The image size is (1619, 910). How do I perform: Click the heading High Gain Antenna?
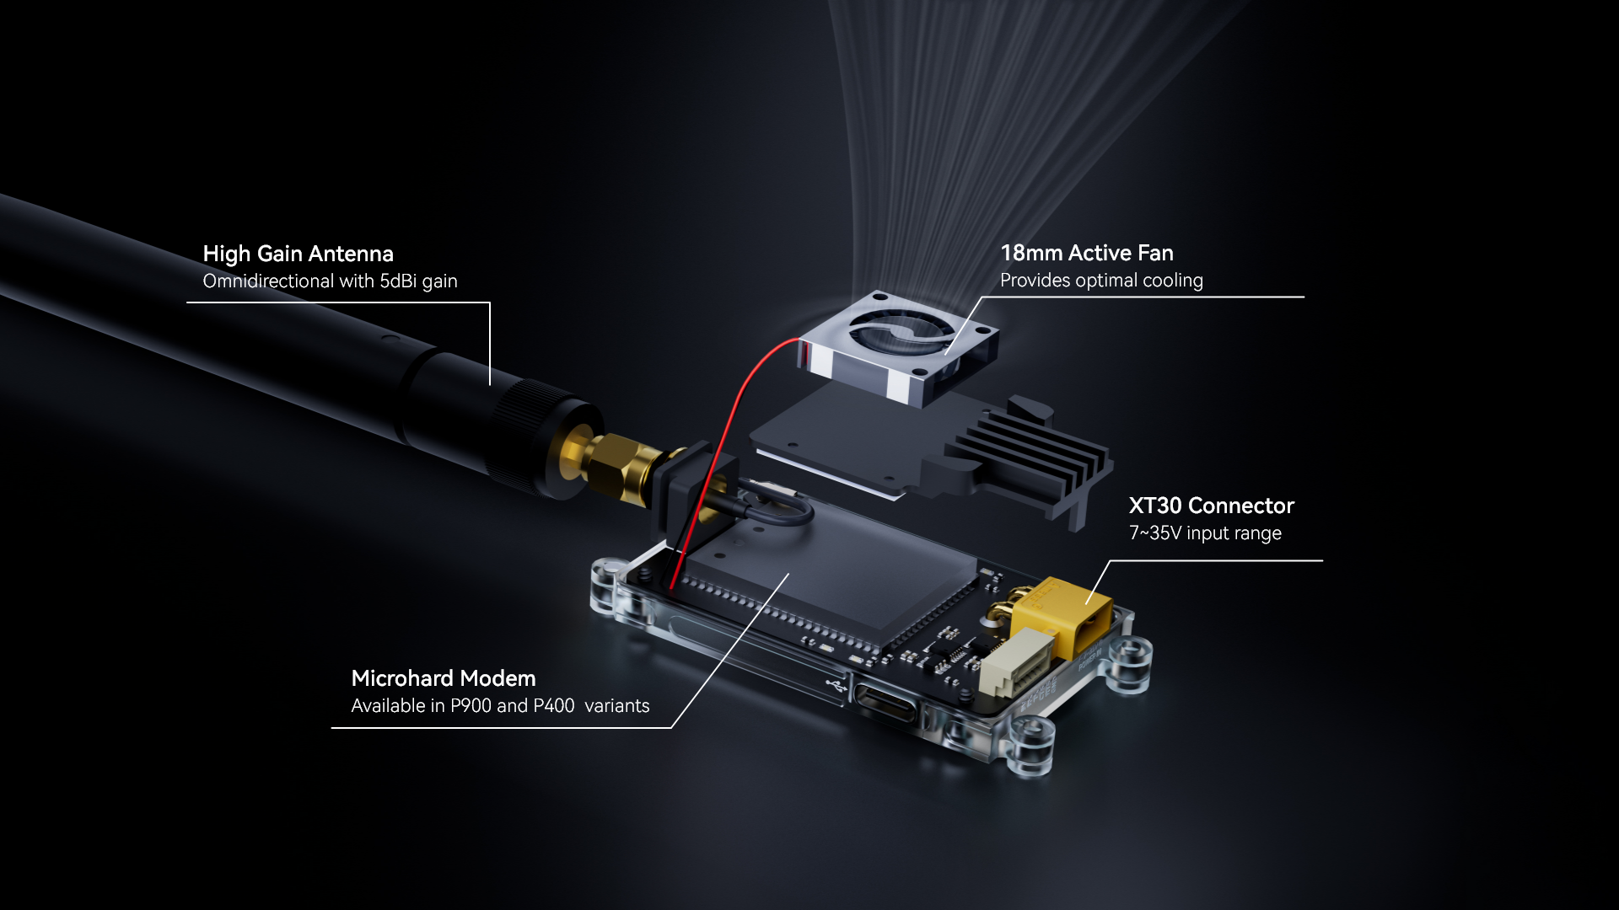pos(298,254)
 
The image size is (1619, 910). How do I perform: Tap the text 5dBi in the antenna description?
pos(398,281)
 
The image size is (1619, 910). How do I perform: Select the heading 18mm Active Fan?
pos(1087,253)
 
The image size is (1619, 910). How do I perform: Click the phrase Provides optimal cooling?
pos(1101,281)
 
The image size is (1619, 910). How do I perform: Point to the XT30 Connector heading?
pos(1211,506)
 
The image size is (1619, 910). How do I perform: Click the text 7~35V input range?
pos(1205,533)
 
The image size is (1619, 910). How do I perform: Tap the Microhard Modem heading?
pos(444,678)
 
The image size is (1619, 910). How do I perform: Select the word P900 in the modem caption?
pos(471,706)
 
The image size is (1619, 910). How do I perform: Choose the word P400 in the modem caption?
pos(554,706)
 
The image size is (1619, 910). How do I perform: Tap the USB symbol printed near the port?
pos(836,686)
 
